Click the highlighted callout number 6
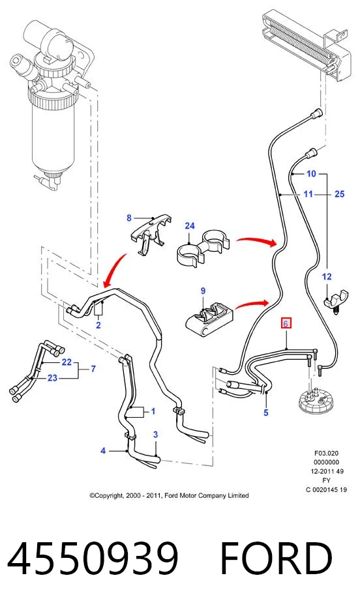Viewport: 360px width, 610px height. click(x=286, y=324)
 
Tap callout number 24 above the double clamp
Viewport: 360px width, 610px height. click(x=190, y=225)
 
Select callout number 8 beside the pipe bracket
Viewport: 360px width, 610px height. click(x=129, y=218)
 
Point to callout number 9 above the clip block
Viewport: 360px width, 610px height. click(x=203, y=291)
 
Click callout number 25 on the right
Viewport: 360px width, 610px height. click(x=339, y=194)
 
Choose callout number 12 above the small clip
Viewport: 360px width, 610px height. click(x=327, y=276)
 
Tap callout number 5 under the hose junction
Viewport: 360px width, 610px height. click(x=266, y=413)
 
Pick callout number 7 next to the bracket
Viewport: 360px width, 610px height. click(x=93, y=368)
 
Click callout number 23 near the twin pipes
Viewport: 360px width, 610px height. click(x=52, y=378)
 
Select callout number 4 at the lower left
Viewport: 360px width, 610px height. click(x=103, y=450)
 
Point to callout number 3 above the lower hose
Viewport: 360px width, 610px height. click(x=155, y=435)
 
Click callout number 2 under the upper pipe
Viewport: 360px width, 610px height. click(x=98, y=325)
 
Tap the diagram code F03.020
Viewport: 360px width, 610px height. click(x=327, y=453)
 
